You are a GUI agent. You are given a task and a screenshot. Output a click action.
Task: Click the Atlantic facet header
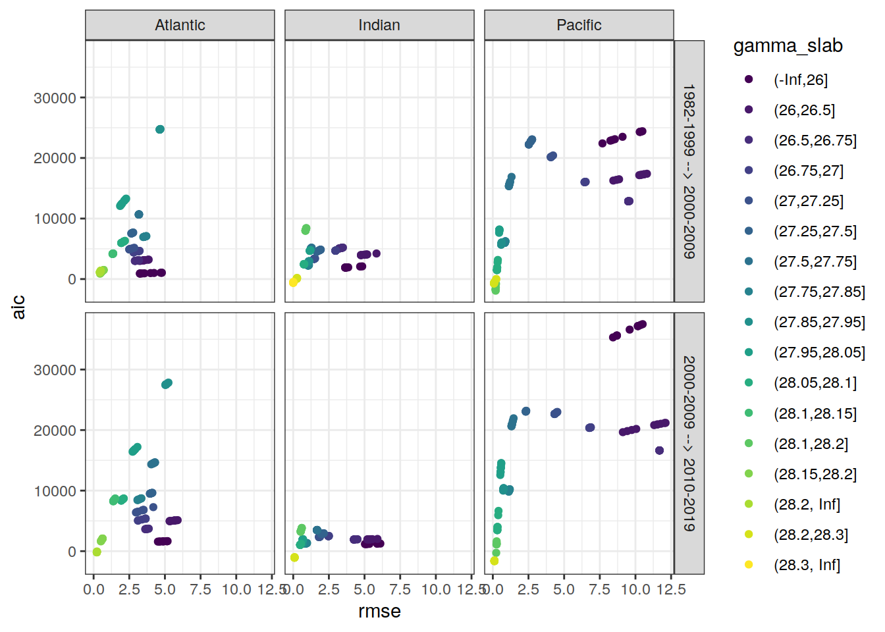point(180,25)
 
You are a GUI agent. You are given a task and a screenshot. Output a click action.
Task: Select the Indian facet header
point(379,25)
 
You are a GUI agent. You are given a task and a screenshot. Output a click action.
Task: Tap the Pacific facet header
point(579,25)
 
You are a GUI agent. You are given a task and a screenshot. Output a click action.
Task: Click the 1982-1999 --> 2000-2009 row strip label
point(689,171)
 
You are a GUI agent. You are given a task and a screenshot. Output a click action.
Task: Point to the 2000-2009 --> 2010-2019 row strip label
point(689,443)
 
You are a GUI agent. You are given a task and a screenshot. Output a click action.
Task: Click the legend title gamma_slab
point(788,46)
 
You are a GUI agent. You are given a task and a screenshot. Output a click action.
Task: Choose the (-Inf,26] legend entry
point(800,80)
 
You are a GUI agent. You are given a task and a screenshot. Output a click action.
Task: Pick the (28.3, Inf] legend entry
point(807,565)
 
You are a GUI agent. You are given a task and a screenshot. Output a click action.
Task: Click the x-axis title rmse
point(379,612)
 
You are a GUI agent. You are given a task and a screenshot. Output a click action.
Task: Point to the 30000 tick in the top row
point(55,98)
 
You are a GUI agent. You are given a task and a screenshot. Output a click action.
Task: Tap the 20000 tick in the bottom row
point(55,431)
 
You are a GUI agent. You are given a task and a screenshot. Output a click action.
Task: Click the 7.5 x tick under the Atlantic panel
point(200,589)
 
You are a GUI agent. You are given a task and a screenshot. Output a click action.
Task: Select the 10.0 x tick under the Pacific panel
point(635,589)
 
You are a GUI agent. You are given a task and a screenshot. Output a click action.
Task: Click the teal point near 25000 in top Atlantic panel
point(160,130)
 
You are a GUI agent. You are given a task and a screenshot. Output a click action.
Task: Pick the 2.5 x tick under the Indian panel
point(329,589)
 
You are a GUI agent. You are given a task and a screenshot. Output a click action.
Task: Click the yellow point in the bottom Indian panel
point(294,558)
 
